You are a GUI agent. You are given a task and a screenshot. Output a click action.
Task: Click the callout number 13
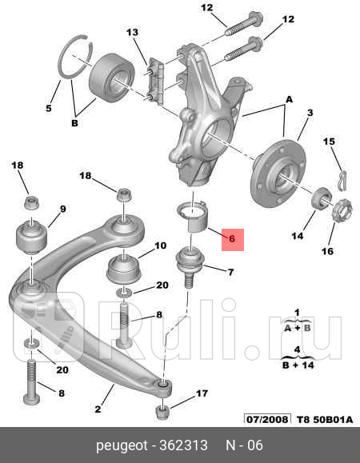[x=133, y=32]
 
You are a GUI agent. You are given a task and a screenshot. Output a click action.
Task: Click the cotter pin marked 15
[x=342, y=174]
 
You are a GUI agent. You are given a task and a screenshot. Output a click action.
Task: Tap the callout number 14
[x=297, y=236]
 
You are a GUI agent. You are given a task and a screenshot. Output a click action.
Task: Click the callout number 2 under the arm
[x=98, y=409]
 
